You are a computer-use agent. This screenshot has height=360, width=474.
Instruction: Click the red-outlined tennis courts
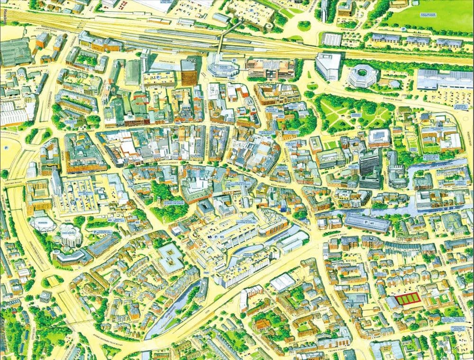tap(408, 298)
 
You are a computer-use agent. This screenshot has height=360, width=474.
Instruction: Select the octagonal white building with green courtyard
tap(363, 75)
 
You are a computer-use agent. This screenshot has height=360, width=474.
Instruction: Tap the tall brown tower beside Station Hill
tap(188, 72)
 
